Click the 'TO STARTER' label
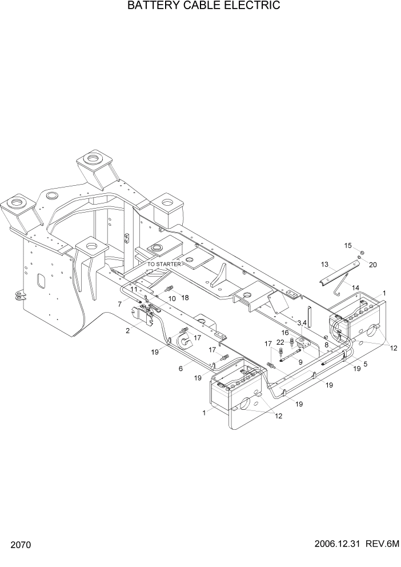click(x=164, y=265)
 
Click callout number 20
click(x=373, y=265)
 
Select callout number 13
click(x=324, y=265)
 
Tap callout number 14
click(x=356, y=287)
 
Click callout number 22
click(x=280, y=342)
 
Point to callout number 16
click(x=285, y=332)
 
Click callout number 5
click(x=365, y=363)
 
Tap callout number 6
click(x=181, y=369)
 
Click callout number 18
click(x=185, y=297)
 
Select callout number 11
click(x=134, y=290)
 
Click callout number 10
click(x=171, y=298)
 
